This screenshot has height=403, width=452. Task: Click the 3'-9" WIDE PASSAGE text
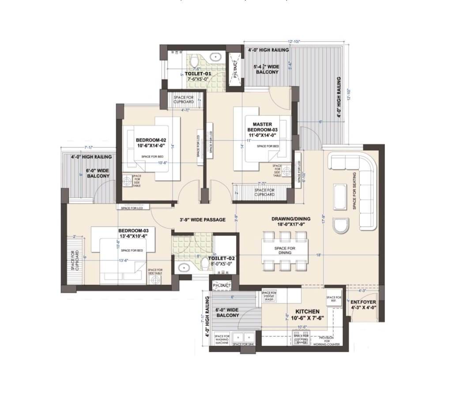(203, 220)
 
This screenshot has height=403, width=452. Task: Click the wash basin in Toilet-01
(216, 57)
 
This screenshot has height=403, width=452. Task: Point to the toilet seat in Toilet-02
(204, 263)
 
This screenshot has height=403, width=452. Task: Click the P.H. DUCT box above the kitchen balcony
(222, 286)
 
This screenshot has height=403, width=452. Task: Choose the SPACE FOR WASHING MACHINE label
(222, 340)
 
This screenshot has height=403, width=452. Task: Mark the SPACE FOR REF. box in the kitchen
(334, 299)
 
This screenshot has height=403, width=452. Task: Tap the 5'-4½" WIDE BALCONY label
(266, 69)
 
